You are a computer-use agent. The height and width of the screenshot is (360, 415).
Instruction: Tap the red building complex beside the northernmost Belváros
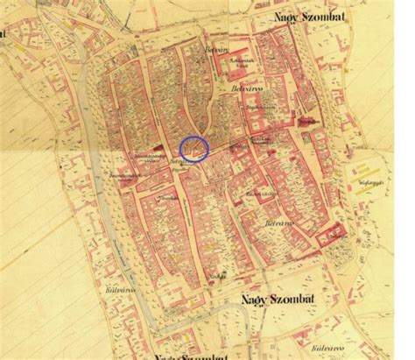[233, 63]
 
